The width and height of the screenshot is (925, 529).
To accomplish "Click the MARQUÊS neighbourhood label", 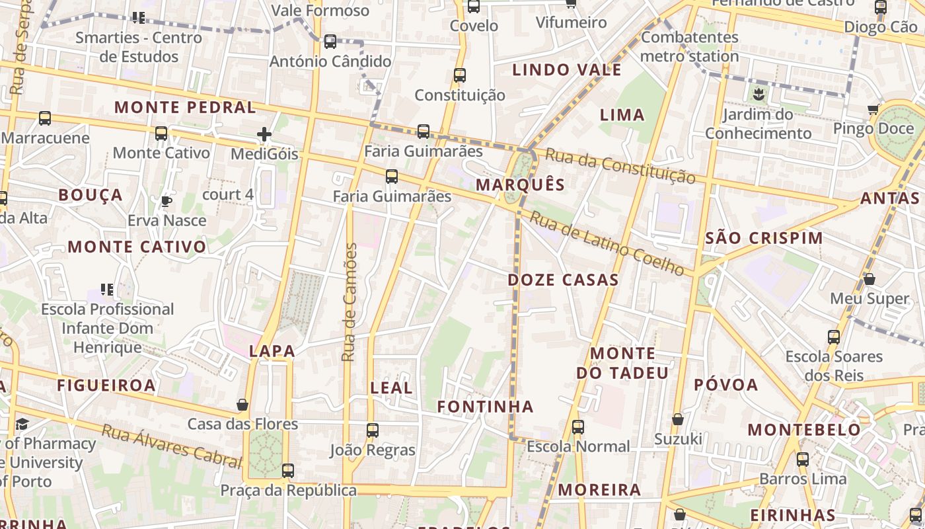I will coord(521,184).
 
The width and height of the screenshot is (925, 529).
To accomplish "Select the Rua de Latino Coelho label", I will coord(607,243).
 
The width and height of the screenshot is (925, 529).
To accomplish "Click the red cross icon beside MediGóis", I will coord(264,135).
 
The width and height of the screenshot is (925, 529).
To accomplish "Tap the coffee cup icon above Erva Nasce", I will coord(166,201).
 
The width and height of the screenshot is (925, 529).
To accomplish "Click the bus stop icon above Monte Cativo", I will coord(161,134).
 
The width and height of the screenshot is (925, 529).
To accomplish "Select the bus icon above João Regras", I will coord(373,430).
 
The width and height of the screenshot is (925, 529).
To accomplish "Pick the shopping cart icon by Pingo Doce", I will coord(873,109).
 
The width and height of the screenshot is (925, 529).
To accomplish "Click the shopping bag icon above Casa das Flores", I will coord(242,405).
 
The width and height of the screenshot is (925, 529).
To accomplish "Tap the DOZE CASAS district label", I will coord(563,280).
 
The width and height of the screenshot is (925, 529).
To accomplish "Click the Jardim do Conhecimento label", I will coord(758,124).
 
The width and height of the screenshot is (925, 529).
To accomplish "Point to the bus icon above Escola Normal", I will coord(578,427).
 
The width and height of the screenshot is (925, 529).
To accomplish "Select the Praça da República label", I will coord(288,491).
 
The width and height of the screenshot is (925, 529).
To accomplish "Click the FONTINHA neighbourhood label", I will coord(485,406).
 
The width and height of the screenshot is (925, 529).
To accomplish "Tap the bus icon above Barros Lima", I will coord(803,459).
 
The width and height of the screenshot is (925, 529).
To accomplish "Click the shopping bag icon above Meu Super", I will coord(869,279).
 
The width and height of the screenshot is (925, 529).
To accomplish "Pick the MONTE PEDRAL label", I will coord(185,107).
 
